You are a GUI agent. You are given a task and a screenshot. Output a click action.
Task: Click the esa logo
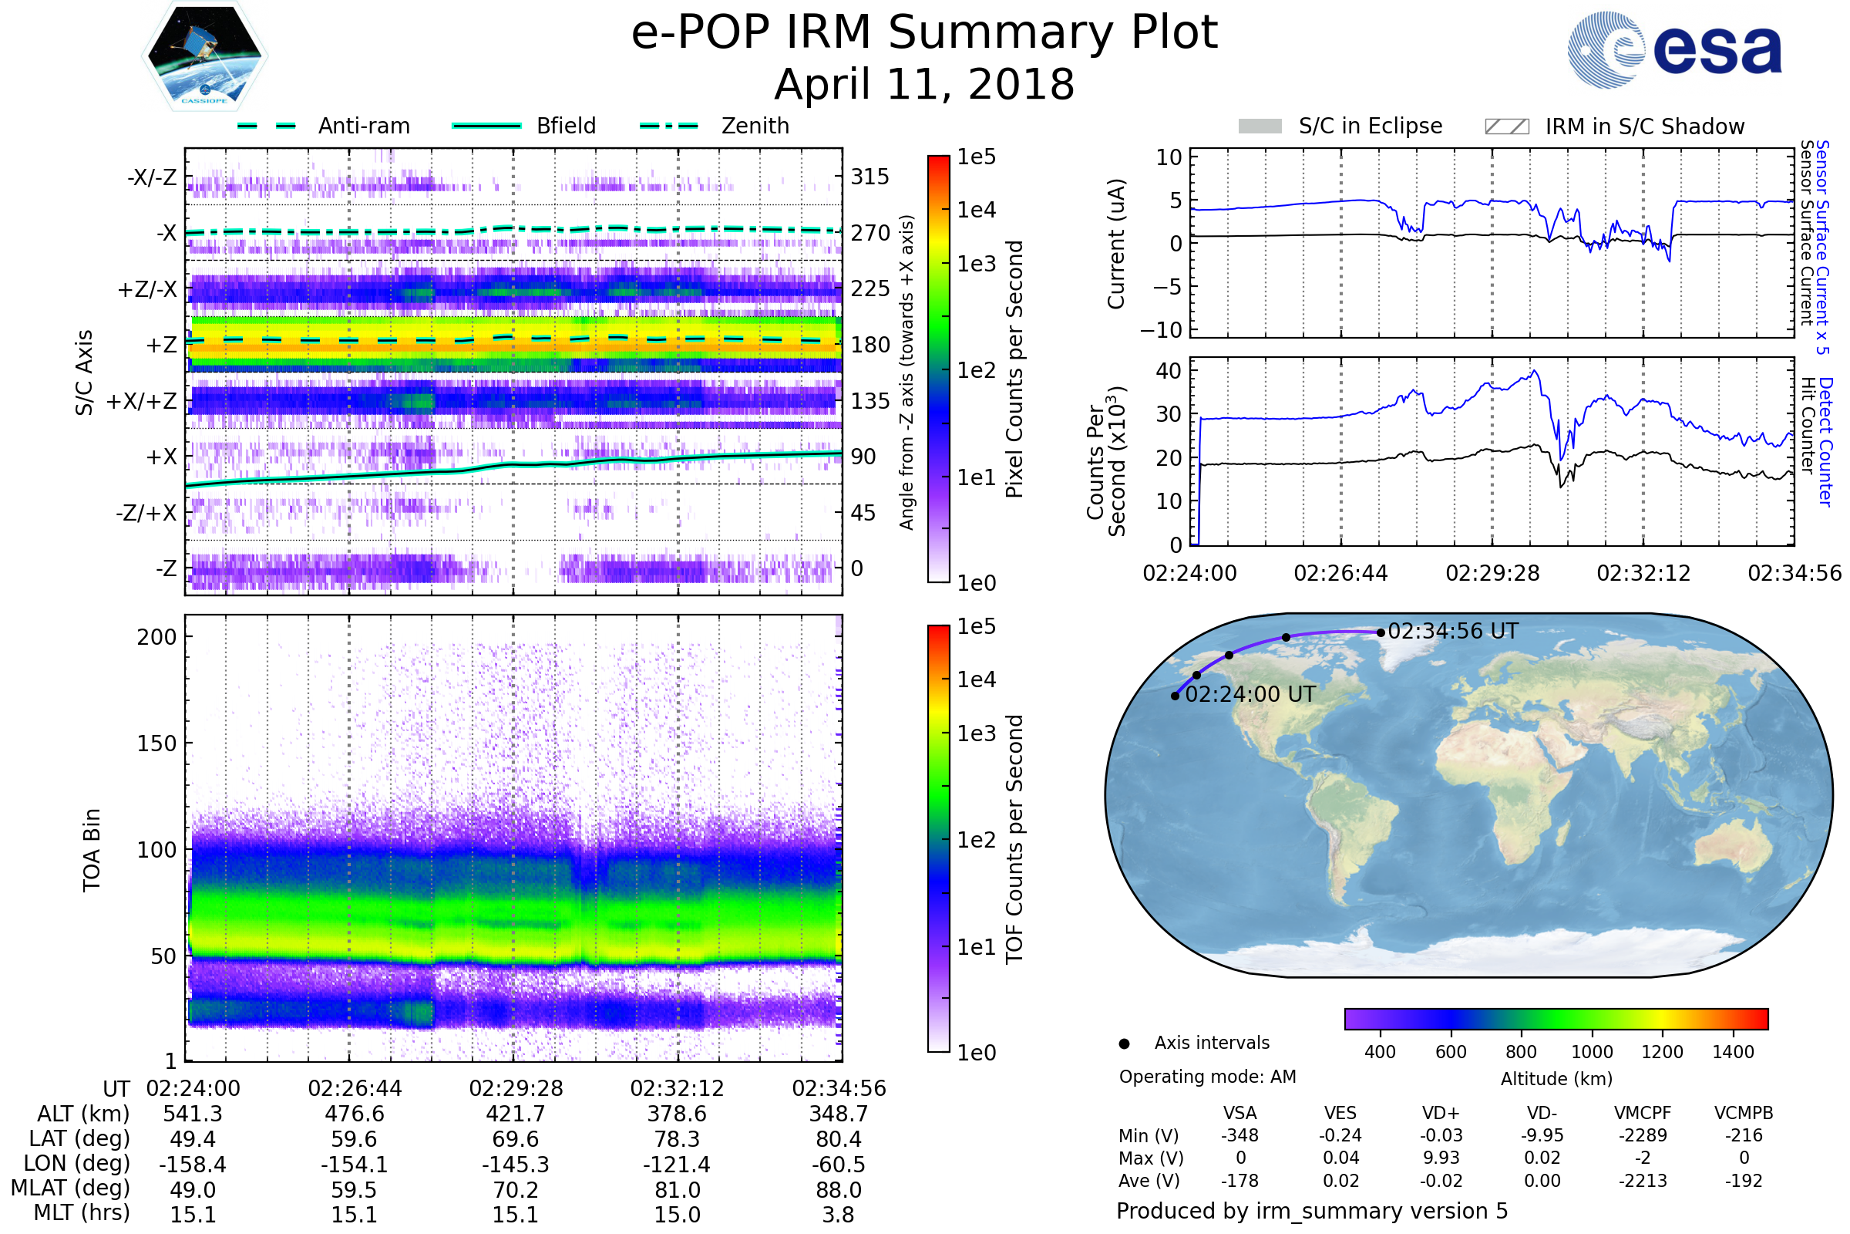click(1675, 49)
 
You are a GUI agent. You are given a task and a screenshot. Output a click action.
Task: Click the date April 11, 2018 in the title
click(924, 85)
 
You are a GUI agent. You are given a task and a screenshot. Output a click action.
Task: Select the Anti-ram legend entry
click(363, 126)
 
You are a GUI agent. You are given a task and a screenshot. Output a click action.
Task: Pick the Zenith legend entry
click(755, 126)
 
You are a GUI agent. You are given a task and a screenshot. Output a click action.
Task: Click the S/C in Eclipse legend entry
click(1370, 126)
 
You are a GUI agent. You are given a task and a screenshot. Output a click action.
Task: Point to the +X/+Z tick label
click(141, 401)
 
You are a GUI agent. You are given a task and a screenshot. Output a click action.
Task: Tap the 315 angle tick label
click(869, 177)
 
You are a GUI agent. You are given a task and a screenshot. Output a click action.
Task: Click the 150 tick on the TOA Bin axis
click(156, 743)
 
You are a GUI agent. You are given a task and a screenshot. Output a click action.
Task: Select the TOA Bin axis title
click(91, 849)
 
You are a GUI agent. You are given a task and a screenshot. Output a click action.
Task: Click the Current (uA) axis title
click(1116, 244)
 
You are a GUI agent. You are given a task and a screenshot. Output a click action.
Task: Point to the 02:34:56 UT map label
click(1453, 631)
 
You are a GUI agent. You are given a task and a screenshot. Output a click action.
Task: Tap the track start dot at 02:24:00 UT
click(1175, 696)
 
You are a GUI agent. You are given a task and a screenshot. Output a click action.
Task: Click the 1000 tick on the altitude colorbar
click(1592, 1052)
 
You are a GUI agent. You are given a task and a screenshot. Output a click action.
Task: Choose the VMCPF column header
click(1643, 1113)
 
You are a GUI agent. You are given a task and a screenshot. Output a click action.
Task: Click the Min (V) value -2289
click(1643, 1135)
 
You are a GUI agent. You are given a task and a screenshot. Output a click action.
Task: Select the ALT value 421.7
click(515, 1114)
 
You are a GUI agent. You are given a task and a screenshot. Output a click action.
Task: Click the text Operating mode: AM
click(1207, 1077)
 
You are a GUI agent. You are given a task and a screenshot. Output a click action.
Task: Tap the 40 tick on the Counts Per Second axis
click(1168, 371)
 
